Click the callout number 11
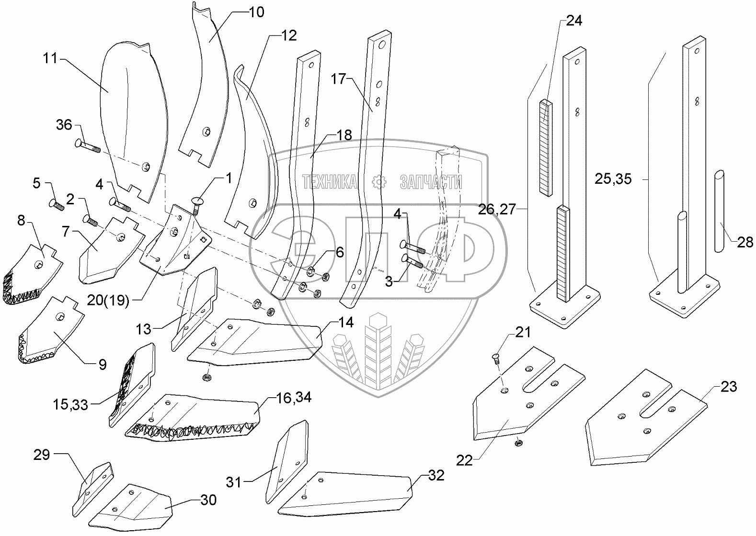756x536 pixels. click(49, 59)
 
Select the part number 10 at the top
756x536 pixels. click(257, 12)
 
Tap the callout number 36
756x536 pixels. click(64, 125)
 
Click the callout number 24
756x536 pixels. click(574, 21)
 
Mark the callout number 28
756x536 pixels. click(745, 243)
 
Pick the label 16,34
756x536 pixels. click(293, 397)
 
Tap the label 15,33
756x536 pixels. click(70, 404)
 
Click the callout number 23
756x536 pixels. click(729, 386)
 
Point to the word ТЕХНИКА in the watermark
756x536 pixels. click(330, 182)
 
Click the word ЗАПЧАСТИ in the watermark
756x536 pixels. click(431, 182)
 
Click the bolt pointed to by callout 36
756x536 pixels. click(88, 145)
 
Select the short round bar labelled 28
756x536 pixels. click(719, 211)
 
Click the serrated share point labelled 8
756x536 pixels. click(31, 275)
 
